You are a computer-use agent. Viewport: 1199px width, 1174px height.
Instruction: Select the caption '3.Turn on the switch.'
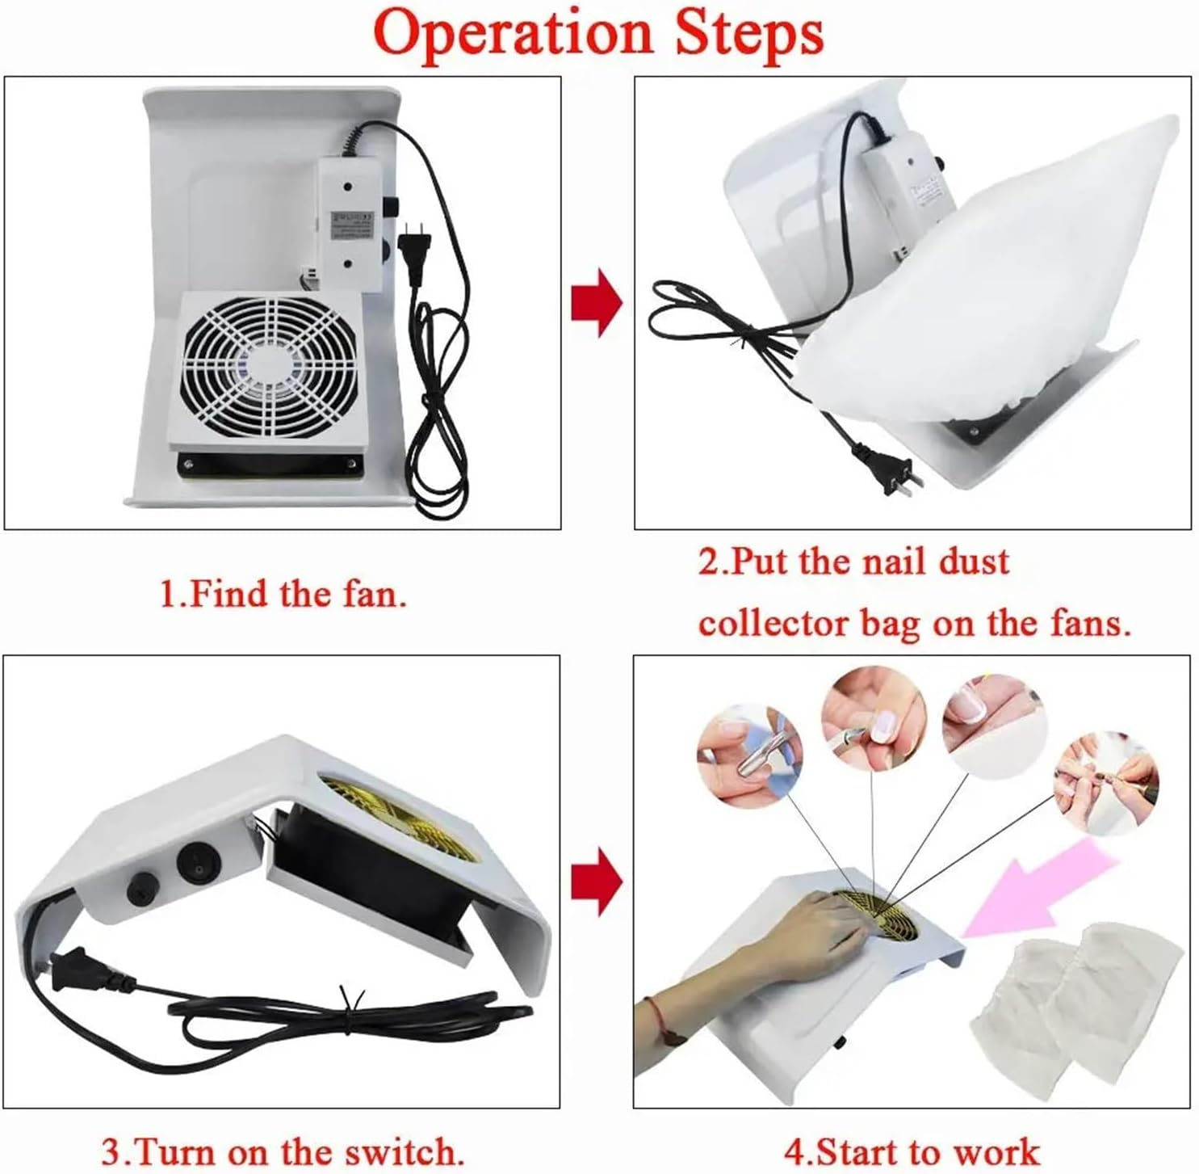(x=283, y=1151)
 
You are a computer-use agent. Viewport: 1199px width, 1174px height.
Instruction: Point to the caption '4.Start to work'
(x=912, y=1151)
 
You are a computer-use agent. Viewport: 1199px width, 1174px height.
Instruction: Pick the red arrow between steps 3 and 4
(x=597, y=882)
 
